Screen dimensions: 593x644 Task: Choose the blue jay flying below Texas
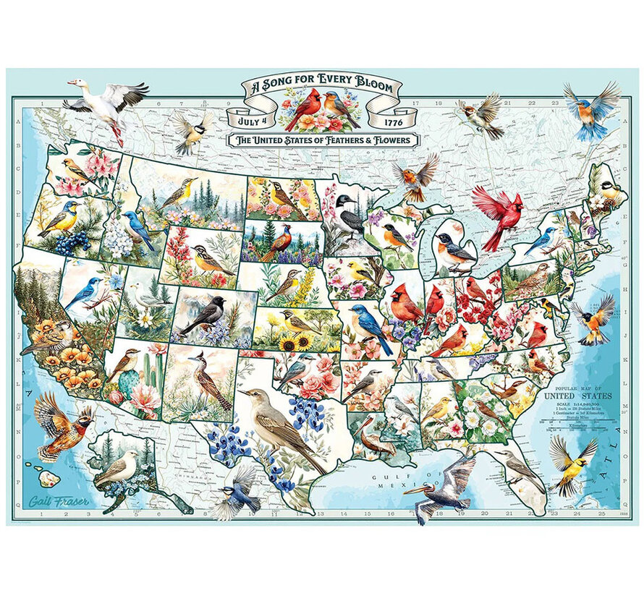pyautogui.click(x=236, y=491)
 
